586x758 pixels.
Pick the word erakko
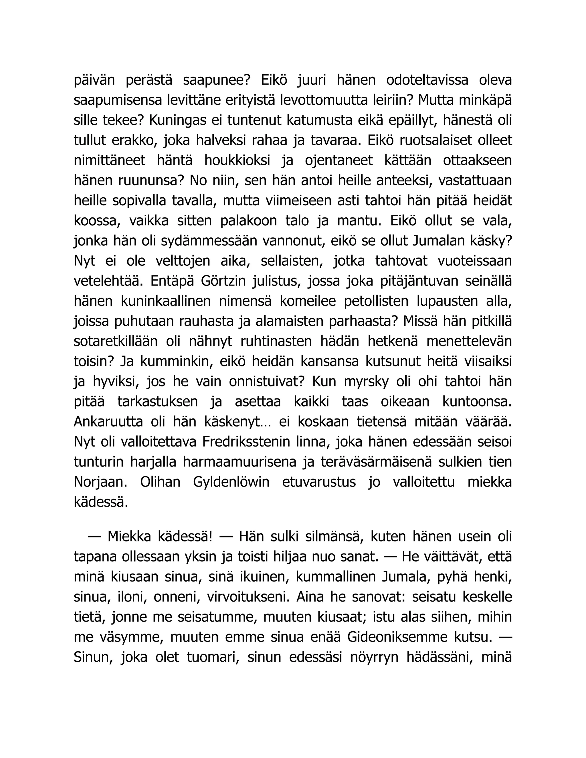(x=134, y=140)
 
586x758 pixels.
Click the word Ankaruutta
(x=108, y=422)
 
